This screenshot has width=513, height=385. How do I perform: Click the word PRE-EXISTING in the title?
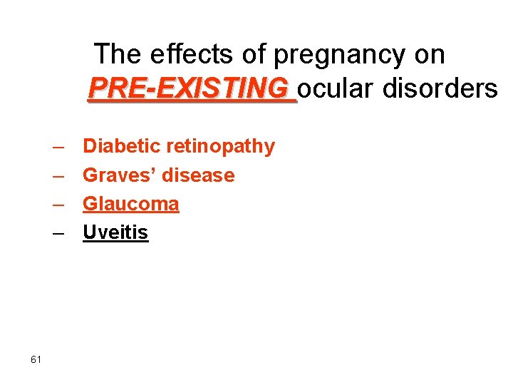tap(190, 89)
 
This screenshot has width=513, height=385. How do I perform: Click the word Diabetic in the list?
tap(122, 146)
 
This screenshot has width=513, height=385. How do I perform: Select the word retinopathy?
tap(220, 146)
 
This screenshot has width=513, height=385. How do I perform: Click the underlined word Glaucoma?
tap(131, 204)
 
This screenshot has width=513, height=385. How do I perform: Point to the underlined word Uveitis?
tap(115, 232)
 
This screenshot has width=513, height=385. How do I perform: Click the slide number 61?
tap(36, 359)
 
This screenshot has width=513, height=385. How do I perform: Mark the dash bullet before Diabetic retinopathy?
tap(58, 147)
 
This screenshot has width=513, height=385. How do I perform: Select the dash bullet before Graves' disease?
tap(58, 175)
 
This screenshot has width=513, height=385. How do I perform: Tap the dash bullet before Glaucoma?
tap(58, 205)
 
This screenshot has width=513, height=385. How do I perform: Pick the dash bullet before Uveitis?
tap(58, 233)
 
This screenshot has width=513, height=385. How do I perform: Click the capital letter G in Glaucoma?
tap(90, 204)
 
